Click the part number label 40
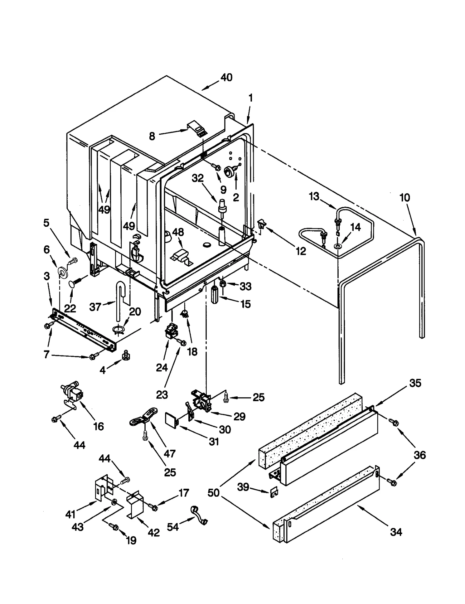tap(226, 78)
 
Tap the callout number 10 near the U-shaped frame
tap(405, 198)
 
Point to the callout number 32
tap(198, 178)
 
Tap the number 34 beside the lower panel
tap(396, 532)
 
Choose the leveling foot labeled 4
tap(126, 355)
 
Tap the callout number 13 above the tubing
tap(314, 196)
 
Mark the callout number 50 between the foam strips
tap(213, 493)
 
